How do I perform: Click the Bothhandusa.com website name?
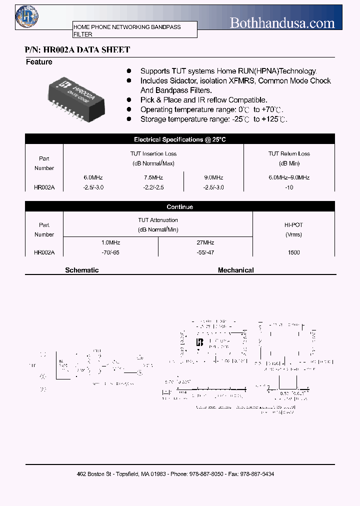tap(282, 22)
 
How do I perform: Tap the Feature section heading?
tap(39, 62)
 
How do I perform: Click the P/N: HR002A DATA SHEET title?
tap(77, 49)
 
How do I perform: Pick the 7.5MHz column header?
tap(153, 177)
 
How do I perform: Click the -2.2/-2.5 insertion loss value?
tap(153, 187)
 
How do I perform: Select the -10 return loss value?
tap(289, 187)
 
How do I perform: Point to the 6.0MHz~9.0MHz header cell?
tap(289, 177)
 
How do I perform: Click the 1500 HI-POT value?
tap(294, 252)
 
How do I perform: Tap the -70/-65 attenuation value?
tap(110, 252)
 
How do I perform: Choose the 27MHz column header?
tap(205, 242)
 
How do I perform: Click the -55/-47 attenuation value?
tap(205, 252)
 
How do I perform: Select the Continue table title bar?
tap(180, 207)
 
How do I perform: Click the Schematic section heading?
tap(82, 270)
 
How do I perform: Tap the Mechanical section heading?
tap(236, 270)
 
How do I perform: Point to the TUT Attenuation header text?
tap(158, 220)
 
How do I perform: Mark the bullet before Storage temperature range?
tap(129, 119)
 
